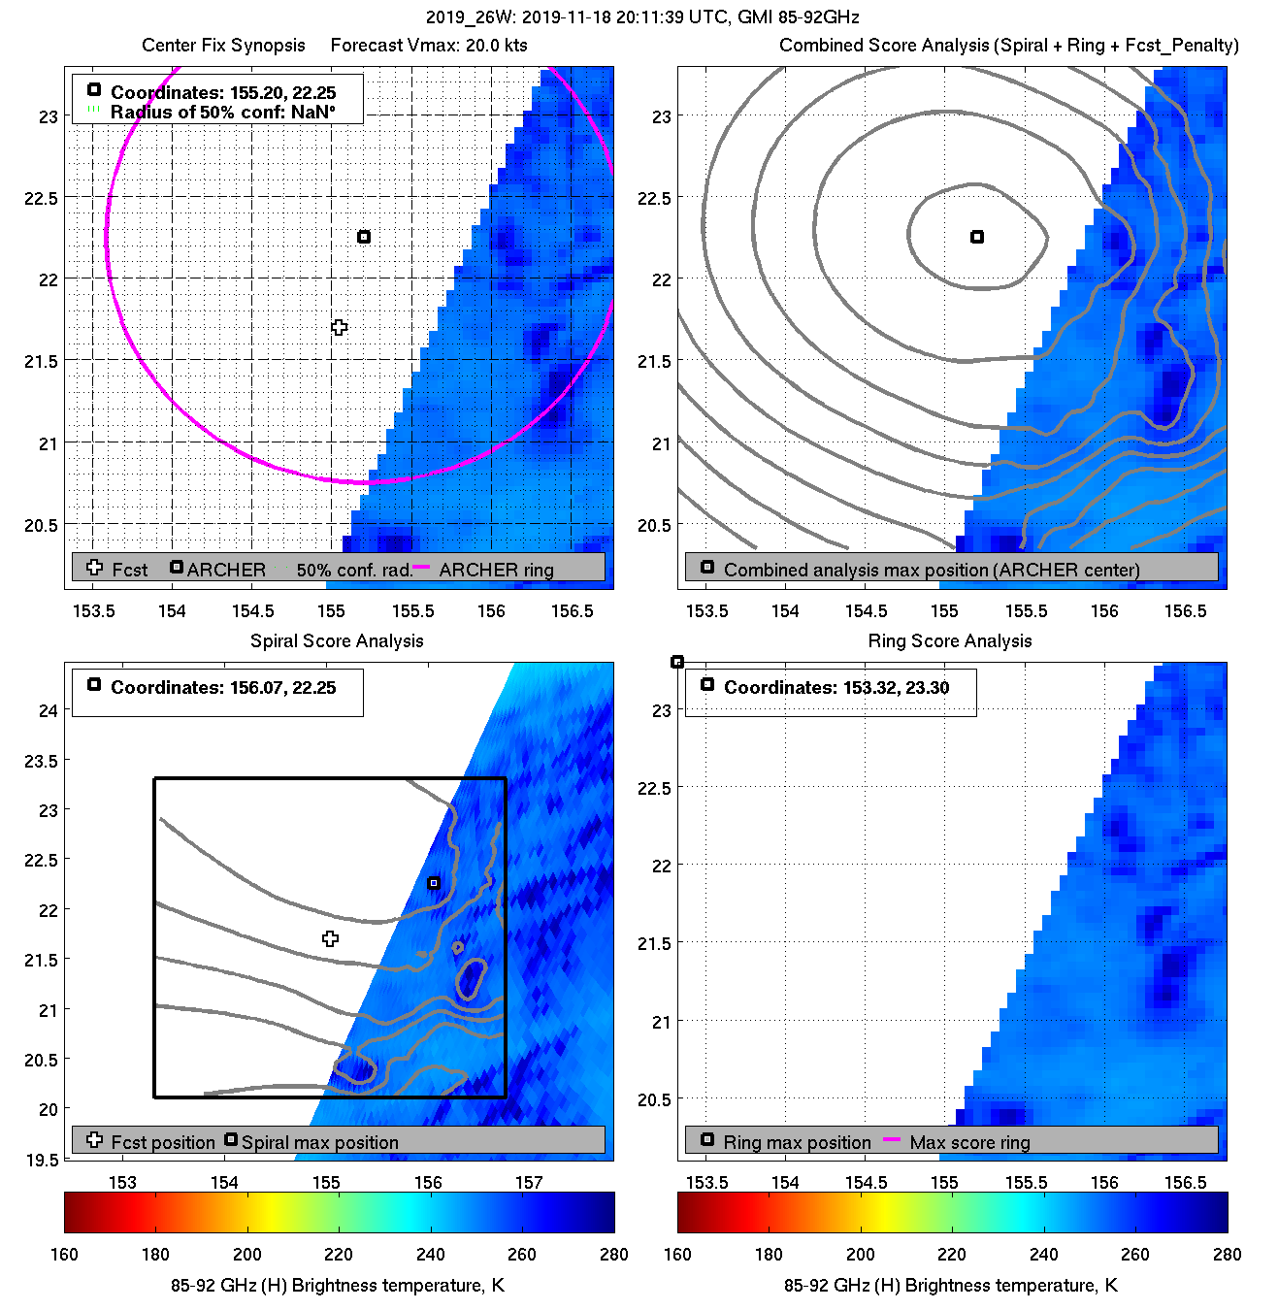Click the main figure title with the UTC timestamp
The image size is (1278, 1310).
642,17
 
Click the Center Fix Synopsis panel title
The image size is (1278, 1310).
223,46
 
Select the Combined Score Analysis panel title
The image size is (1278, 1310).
1009,46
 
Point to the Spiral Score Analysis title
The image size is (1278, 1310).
337,640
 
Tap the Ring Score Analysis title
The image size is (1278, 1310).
950,640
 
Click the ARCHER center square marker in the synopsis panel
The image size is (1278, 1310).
364,237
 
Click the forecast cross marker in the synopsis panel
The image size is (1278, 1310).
339,328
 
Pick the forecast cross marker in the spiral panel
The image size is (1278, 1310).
331,938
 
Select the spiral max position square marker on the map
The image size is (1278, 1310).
434,883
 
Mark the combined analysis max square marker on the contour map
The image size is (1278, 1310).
977,237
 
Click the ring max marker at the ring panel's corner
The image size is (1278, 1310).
677,662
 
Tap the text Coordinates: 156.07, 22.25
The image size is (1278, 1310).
223,688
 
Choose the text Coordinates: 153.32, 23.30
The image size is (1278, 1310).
836,688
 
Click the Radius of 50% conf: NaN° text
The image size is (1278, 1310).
223,113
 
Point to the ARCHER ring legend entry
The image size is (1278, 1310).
496,570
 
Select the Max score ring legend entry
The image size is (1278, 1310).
969,1142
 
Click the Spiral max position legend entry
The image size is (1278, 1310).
319,1142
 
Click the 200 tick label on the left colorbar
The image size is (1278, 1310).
247,1254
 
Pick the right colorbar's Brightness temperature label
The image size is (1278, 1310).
950,1286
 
